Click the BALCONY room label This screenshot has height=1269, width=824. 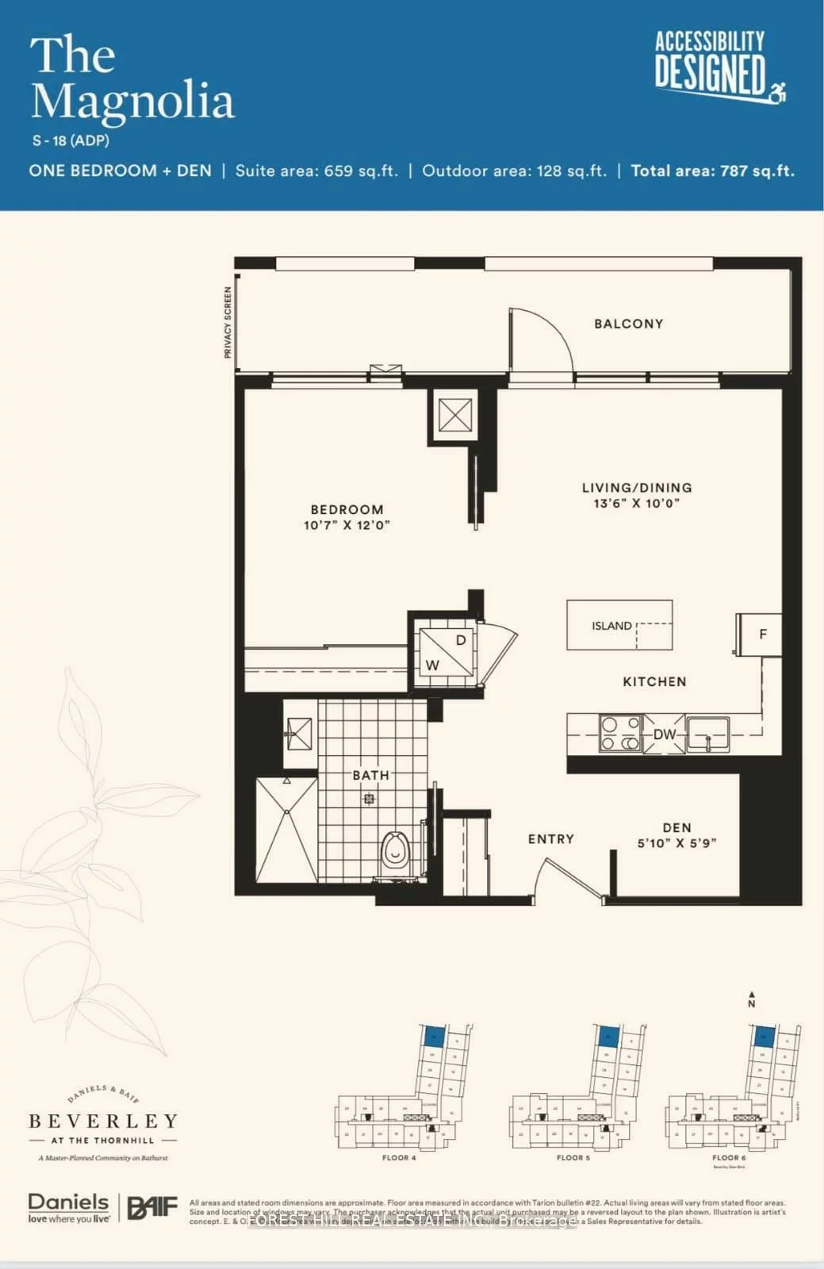tap(628, 324)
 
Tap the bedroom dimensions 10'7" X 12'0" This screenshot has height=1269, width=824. tap(347, 525)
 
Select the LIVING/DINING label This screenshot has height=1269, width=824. tap(637, 488)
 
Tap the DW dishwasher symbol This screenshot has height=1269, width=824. tap(665, 734)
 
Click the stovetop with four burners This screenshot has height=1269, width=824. tap(620, 734)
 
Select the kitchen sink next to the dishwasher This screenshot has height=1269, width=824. tap(708, 734)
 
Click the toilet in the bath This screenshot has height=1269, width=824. tap(394, 853)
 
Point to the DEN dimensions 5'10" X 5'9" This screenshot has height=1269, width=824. tap(676, 843)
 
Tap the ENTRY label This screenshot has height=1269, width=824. tap(550, 839)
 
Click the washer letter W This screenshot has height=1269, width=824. tap(432, 665)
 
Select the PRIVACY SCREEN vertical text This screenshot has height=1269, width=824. tap(228, 322)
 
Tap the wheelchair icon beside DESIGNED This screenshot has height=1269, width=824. tap(778, 92)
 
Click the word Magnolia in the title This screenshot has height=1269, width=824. tap(132, 102)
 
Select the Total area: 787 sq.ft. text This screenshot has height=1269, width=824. tap(712, 171)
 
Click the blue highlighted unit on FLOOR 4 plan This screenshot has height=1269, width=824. tap(434, 1035)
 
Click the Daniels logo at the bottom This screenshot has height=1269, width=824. tap(68, 1208)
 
